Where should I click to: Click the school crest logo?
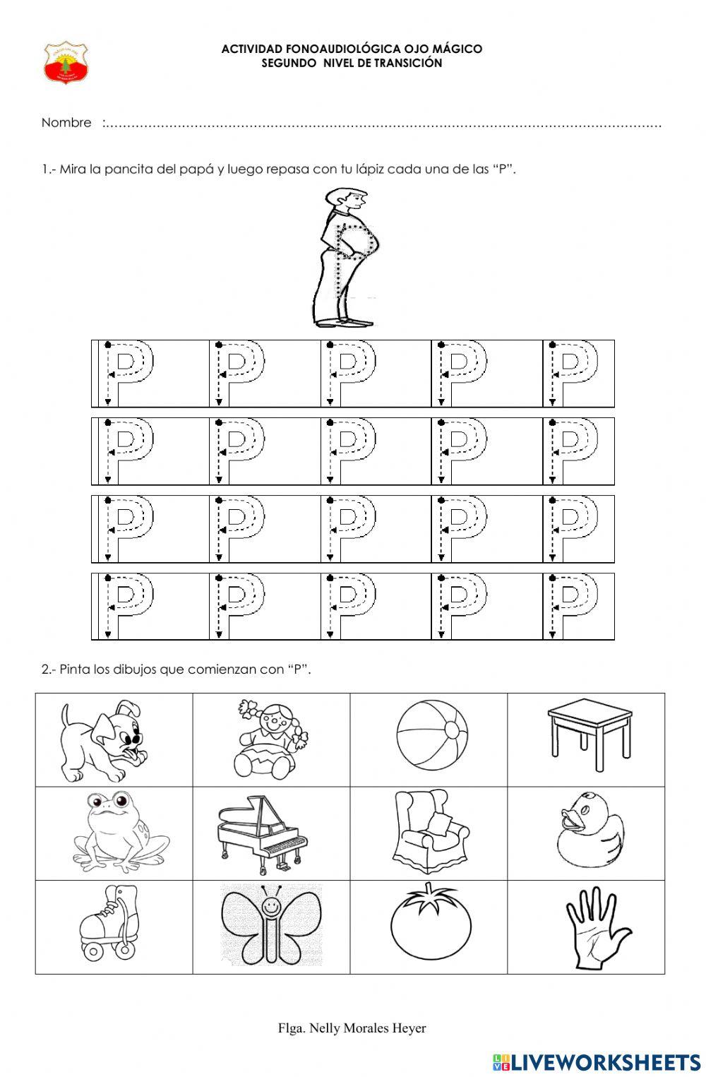click(x=66, y=63)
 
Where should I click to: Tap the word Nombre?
click(x=66, y=123)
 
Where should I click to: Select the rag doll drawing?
click(x=271, y=738)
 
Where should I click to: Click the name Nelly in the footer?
click(x=325, y=1028)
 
